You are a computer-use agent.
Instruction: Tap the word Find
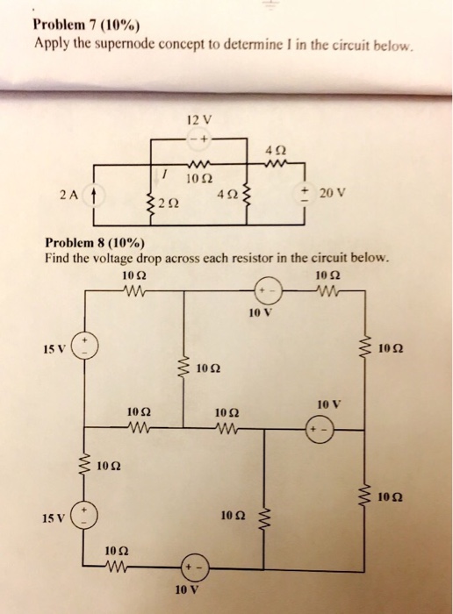point(58,259)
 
